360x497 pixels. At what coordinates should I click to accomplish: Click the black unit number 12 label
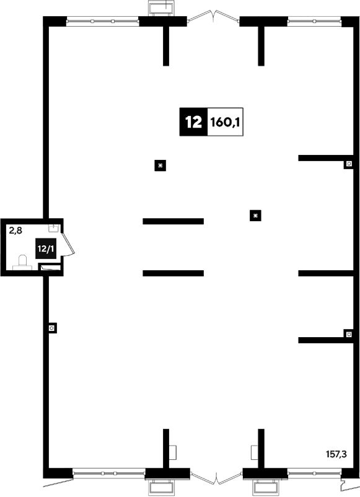pos(193,122)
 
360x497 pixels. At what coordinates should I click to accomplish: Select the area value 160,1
pos(225,122)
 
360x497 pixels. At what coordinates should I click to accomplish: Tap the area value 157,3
pos(336,454)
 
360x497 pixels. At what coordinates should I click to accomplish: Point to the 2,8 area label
pos(15,231)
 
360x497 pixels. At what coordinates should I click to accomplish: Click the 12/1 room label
pos(46,248)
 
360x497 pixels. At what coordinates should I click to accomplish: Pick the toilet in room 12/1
pos(22,263)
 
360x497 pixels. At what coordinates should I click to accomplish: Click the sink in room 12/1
pos(53,227)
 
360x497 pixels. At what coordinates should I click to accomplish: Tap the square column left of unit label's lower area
pos(160,165)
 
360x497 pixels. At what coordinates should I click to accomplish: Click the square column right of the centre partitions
pos(255,216)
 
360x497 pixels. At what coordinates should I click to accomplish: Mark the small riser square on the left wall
pos(52,328)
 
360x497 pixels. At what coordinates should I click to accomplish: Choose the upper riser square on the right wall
pos(349,164)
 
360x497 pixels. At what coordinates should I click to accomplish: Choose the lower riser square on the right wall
pos(349,334)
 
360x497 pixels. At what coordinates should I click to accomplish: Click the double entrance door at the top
pos(213,17)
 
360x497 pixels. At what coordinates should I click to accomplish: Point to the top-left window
pos(102,21)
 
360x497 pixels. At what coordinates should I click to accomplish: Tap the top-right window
pos(314,21)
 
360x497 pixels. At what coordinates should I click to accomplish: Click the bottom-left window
pos(108,473)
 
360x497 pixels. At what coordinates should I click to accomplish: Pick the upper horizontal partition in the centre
pos(173,221)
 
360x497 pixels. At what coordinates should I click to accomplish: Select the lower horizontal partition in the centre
pos(173,273)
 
